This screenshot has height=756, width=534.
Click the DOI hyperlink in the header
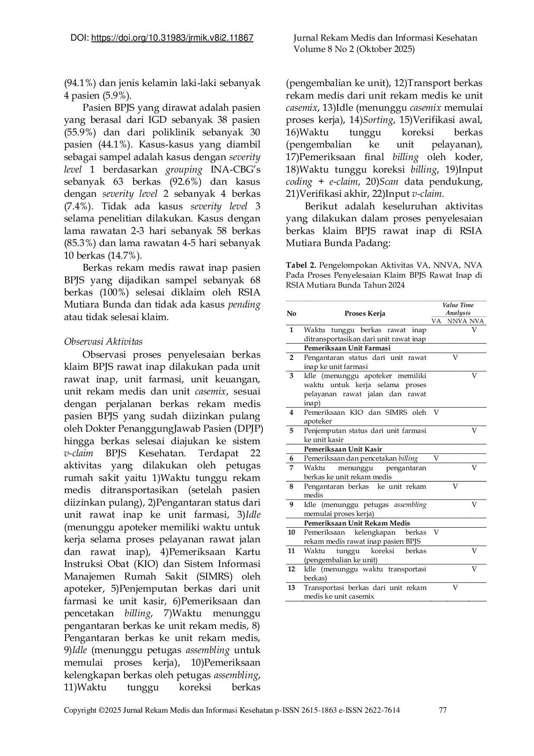(173, 38)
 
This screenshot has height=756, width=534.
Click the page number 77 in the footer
(442, 710)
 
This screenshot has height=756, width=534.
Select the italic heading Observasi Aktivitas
(103, 342)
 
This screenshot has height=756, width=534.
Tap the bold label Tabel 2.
(301, 265)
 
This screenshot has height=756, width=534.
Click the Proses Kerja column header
(365, 313)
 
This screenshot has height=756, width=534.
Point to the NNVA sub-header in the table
(457, 321)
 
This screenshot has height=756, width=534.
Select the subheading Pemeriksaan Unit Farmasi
(347, 348)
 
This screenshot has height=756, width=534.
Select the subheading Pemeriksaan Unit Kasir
(342, 449)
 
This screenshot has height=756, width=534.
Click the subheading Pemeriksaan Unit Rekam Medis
(357, 523)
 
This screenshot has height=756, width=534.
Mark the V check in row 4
(436, 412)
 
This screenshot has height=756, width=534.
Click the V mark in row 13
(455, 587)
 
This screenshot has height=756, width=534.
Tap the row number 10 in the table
(291, 532)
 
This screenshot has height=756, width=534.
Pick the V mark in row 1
(474, 330)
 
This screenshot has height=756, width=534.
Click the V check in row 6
(436, 458)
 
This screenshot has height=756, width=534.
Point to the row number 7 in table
(291, 468)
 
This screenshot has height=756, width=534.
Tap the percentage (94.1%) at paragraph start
(80, 83)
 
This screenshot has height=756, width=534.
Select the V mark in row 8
(455, 486)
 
